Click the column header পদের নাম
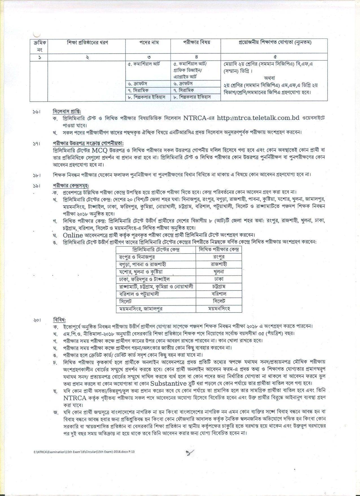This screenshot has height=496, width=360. click(149, 43)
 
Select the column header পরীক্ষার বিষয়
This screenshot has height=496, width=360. click(195, 43)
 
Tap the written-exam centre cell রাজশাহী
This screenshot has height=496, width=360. click(219, 265)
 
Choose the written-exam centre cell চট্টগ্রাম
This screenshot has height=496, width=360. click(219, 287)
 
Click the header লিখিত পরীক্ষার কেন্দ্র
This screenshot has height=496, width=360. click(219, 250)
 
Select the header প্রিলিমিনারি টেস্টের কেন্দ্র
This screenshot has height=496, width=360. click(156, 250)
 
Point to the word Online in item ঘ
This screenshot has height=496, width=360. click(73, 235)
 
